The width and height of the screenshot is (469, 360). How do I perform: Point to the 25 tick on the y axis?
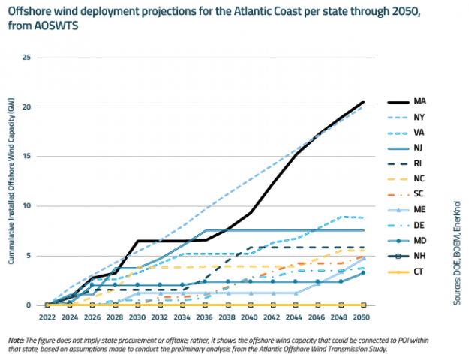coord(27,58)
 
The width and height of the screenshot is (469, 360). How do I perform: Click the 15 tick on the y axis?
coord(27,157)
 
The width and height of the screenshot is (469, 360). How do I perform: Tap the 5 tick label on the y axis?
coord(29,256)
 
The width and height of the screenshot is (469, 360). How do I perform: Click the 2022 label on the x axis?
coord(47,316)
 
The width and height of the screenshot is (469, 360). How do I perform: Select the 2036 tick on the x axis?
coord(205,316)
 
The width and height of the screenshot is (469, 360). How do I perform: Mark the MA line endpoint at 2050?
coord(363,102)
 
